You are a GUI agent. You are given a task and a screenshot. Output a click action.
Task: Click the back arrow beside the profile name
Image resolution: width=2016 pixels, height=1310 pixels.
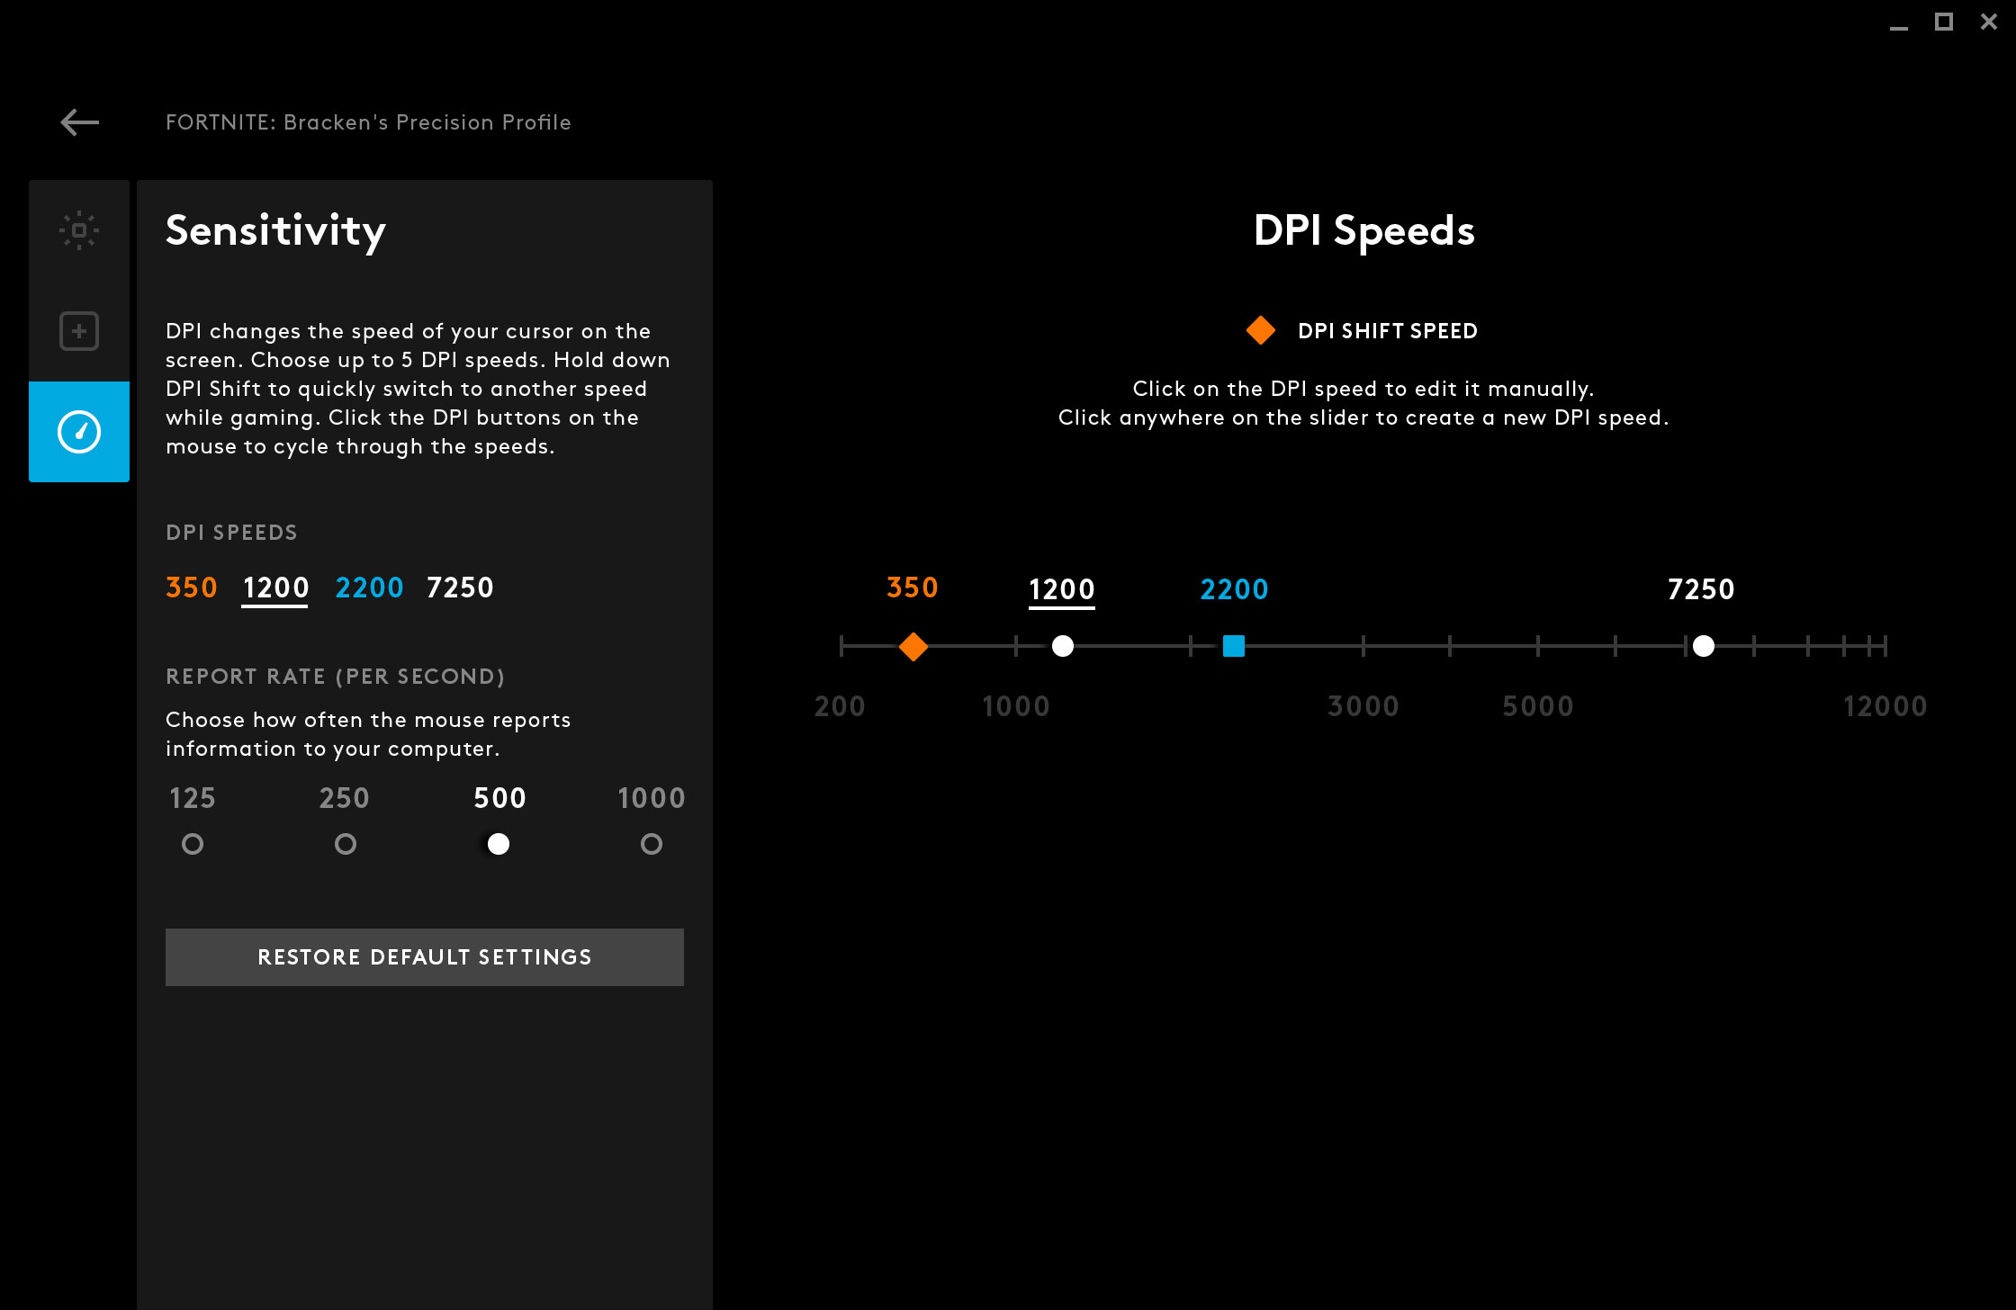click(x=80, y=122)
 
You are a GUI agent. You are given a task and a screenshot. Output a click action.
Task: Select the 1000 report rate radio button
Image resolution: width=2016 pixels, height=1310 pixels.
click(x=652, y=844)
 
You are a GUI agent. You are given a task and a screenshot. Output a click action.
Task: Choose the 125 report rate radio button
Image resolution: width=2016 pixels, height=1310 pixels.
click(x=193, y=844)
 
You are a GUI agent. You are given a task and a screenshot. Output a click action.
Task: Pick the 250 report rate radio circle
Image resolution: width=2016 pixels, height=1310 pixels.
click(x=346, y=844)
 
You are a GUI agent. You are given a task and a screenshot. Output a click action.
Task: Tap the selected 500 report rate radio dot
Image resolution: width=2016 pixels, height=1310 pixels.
click(x=499, y=844)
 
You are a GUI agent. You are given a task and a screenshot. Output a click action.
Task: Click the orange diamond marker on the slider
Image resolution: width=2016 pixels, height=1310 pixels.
click(x=913, y=646)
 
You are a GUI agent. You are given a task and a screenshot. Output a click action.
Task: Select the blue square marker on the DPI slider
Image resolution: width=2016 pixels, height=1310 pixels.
click(x=1234, y=646)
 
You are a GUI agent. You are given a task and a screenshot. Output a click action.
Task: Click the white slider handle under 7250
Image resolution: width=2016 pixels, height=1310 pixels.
click(x=1703, y=646)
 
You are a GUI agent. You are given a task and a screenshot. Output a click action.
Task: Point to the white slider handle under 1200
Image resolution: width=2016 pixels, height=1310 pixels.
click(x=1063, y=646)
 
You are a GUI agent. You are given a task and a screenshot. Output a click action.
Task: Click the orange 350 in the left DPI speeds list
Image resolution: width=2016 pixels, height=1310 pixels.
click(x=192, y=588)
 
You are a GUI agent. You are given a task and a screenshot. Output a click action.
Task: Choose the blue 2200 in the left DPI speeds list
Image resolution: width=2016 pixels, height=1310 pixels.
click(x=369, y=588)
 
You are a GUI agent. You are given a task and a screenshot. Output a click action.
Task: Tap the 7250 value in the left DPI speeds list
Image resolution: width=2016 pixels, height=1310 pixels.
click(x=460, y=588)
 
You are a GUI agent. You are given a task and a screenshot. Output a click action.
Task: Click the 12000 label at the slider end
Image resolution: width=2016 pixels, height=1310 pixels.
click(x=1885, y=706)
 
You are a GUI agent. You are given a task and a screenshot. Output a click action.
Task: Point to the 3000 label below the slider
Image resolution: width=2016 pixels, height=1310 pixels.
click(x=1363, y=706)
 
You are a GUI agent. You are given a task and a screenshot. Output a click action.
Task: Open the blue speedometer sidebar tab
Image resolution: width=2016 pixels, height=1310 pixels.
click(x=79, y=432)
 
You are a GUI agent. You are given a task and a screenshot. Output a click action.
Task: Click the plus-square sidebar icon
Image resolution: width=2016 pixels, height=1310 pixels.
click(x=79, y=331)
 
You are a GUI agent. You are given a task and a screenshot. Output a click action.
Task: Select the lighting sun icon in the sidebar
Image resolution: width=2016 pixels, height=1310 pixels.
click(x=79, y=230)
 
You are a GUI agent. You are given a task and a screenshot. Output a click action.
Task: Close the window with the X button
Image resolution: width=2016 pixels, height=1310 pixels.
click(x=1989, y=22)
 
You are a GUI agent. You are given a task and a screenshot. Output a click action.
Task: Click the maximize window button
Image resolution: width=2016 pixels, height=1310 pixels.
click(x=1944, y=22)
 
